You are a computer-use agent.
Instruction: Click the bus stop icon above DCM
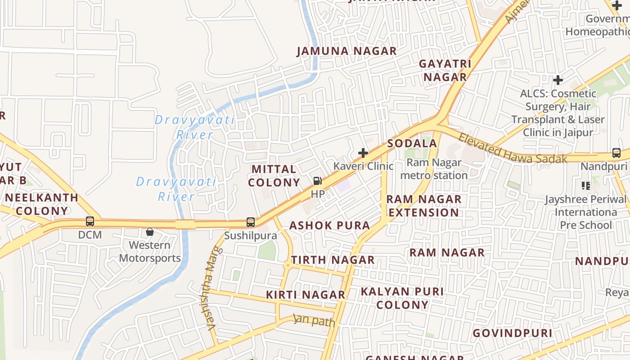coord(90,221)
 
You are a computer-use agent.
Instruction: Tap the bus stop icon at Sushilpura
coord(250,222)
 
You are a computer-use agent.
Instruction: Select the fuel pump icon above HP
coord(317,181)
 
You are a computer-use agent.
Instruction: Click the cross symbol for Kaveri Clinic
coord(363,153)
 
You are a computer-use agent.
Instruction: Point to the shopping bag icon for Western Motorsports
coord(150,232)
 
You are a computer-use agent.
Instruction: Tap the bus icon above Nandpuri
coord(616,153)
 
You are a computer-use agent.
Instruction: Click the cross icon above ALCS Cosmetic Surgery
coord(558,80)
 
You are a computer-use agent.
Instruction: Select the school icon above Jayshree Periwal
coord(585,185)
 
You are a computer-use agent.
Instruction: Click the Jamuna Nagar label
coord(346,51)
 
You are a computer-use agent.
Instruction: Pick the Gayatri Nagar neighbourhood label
coord(445,70)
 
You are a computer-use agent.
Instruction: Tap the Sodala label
coord(412,144)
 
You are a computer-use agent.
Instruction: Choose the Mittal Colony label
coord(274,176)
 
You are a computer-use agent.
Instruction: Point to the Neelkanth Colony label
coord(41,204)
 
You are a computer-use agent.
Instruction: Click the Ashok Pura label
coord(329,225)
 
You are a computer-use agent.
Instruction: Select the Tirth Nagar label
coord(333,260)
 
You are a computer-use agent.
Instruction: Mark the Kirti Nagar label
coord(306,295)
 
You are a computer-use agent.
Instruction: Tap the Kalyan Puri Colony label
coord(402,298)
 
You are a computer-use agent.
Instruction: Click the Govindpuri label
coord(512,333)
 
